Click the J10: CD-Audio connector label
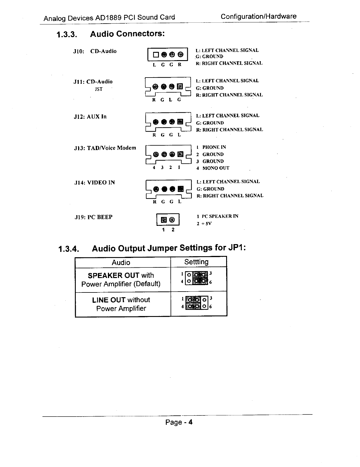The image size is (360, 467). (x=95, y=51)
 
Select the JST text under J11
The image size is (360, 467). (x=98, y=89)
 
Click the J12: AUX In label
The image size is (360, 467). (x=90, y=117)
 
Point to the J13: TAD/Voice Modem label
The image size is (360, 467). (x=105, y=148)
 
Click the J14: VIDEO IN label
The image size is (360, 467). (x=94, y=183)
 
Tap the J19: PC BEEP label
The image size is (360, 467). (x=93, y=217)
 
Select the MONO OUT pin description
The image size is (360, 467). (x=216, y=168)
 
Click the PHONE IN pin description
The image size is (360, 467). (x=214, y=147)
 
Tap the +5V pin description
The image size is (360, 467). (x=207, y=223)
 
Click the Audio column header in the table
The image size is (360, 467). (x=121, y=262)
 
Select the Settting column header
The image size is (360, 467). (x=196, y=262)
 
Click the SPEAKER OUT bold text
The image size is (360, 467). (x=113, y=275)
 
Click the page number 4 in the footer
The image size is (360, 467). (x=190, y=422)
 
